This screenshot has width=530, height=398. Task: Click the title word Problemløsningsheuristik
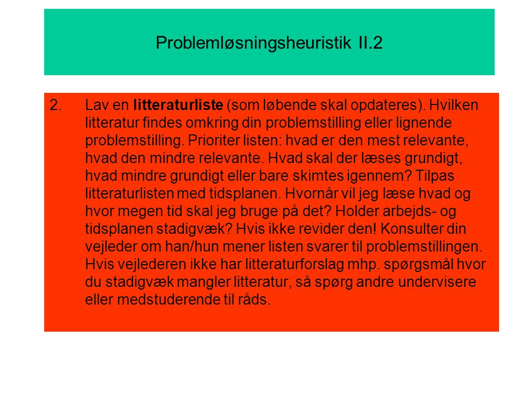(253, 43)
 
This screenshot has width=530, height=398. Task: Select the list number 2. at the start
(56, 105)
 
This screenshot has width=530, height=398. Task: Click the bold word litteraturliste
(178, 105)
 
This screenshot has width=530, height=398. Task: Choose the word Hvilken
(454, 105)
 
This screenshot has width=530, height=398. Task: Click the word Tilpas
(434, 176)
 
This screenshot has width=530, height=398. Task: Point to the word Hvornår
(311, 193)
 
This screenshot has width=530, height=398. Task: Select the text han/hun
(192, 247)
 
